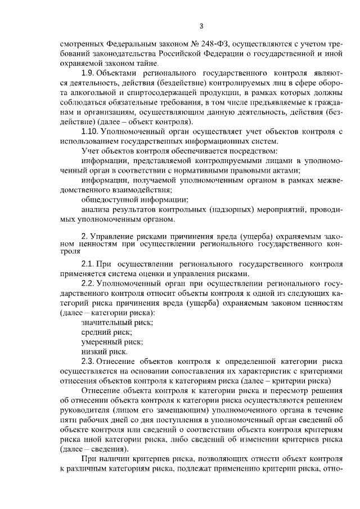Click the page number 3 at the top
[201, 25]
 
